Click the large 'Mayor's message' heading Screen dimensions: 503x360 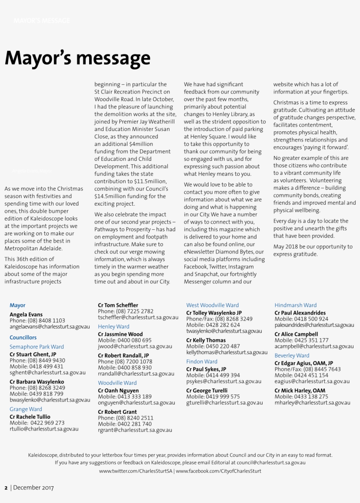click(x=77, y=58)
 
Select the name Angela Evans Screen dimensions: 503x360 click(x=26, y=315)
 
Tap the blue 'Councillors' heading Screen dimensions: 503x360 click(x=23, y=337)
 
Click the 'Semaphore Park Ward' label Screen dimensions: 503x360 click(x=37, y=347)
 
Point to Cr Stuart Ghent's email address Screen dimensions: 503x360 click(x=47, y=373)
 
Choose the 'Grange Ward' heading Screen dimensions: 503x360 click(x=26, y=409)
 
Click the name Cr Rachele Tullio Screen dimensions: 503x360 click(x=30, y=416)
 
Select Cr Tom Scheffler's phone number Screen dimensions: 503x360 click(x=126, y=311)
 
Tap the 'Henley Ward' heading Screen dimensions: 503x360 click(x=114, y=326)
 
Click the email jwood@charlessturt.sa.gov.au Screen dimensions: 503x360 click(x=135, y=346)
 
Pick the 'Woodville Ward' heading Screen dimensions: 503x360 click(x=117, y=383)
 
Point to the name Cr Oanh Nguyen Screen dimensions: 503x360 click(x=118, y=391)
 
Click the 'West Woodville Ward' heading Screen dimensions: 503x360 click(x=212, y=305)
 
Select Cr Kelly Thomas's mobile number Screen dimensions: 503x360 click(x=213, y=346)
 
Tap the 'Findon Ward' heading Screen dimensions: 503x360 click(x=202, y=362)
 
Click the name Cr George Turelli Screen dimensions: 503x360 click(x=207, y=391)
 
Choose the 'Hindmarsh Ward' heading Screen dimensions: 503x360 click(x=295, y=305)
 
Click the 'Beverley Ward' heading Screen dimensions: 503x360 click(x=292, y=355)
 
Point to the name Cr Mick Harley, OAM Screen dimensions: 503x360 click(x=300, y=391)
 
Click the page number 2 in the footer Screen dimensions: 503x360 click(x=6, y=487)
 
